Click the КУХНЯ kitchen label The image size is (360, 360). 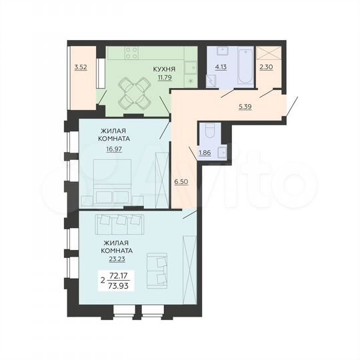click(x=163, y=69)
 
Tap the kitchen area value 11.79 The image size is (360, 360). click(x=163, y=77)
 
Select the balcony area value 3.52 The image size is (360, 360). click(x=81, y=66)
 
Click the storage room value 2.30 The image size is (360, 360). click(x=266, y=66)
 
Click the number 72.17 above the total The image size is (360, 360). click(x=119, y=275)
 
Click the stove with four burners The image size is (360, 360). click(x=131, y=51)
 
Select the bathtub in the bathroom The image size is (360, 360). click(x=244, y=65)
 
